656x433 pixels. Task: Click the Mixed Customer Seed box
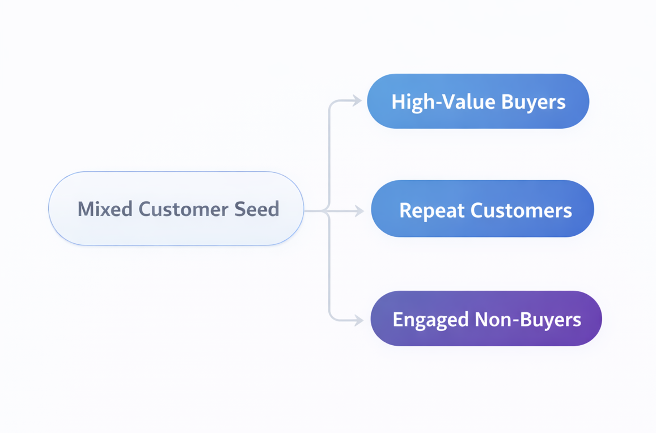(x=176, y=209)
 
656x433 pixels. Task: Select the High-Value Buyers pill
(x=478, y=101)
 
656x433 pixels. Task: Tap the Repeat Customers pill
(x=483, y=209)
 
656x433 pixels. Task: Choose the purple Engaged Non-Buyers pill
(x=486, y=319)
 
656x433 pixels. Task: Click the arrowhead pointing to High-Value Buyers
(x=357, y=101)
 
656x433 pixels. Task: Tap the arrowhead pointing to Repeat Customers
(x=359, y=211)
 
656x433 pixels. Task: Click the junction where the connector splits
(x=329, y=211)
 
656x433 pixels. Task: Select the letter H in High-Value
(x=397, y=102)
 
